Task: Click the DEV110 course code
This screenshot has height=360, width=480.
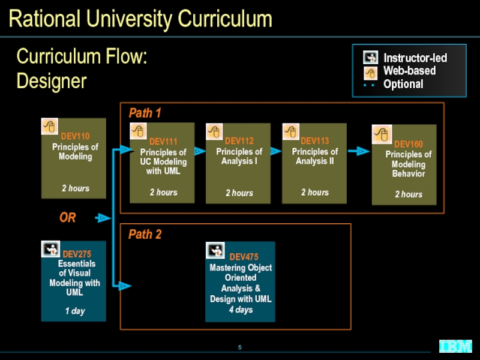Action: (x=75, y=136)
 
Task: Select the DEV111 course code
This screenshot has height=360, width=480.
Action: (x=163, y=142)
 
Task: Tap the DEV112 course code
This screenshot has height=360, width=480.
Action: (x=239, y=141)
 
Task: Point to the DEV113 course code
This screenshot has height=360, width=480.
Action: (x=314, y=141)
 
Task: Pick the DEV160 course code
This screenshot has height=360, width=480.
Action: (x=409, y=144)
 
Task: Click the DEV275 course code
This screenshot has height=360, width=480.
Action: (x=77, y=254)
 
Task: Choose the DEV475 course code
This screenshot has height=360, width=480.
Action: (x=244, y=257)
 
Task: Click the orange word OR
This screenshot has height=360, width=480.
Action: (x=68, y=218)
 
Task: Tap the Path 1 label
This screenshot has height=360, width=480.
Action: (x=145, y=113)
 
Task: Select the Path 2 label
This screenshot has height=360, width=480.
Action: (x=145, y=235)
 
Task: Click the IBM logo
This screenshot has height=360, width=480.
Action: (x=455, y=346)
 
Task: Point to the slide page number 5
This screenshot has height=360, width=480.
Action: (x=239, y=347)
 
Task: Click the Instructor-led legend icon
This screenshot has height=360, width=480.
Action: (x=370, y=57)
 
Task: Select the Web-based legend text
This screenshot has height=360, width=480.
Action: (x=409, y=71)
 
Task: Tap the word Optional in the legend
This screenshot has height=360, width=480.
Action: (x=403, y=84)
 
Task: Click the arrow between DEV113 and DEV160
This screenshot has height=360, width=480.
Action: (x=359, y=151)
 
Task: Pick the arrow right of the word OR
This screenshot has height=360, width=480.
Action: (x=103, y=218)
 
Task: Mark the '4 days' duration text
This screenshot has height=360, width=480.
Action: (x=241, y=310)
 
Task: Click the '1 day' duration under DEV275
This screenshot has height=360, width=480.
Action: (x=74, y=311)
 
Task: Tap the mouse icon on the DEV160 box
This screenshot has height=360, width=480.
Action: (x=382, y=134)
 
